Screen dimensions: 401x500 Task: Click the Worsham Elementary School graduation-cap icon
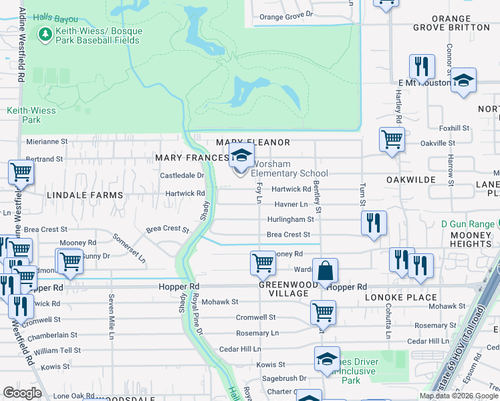click(x=241, y=157)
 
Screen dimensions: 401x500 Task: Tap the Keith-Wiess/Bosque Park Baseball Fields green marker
click(x=45, y=33)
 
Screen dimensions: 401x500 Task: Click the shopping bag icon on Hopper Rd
click(x=325, y=271)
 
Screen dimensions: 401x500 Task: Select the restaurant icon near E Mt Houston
click(x=422, y=66)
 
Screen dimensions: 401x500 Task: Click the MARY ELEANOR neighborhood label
click(x=253, y=142)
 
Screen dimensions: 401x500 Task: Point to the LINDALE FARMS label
click(x=85, y=195)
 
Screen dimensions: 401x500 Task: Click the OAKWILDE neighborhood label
click(x=411, y=180)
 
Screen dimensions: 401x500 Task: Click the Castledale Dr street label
click(x=182, y=175)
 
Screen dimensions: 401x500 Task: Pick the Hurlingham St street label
click(x=291, y=219)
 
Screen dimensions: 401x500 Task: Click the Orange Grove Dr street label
click(x=286, y=16)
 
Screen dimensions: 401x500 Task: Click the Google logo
click(x=22, y=392)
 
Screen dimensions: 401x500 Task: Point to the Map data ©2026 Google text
click(x=457, y=396)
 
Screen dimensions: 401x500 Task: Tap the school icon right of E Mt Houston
click(x=463, y=81)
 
